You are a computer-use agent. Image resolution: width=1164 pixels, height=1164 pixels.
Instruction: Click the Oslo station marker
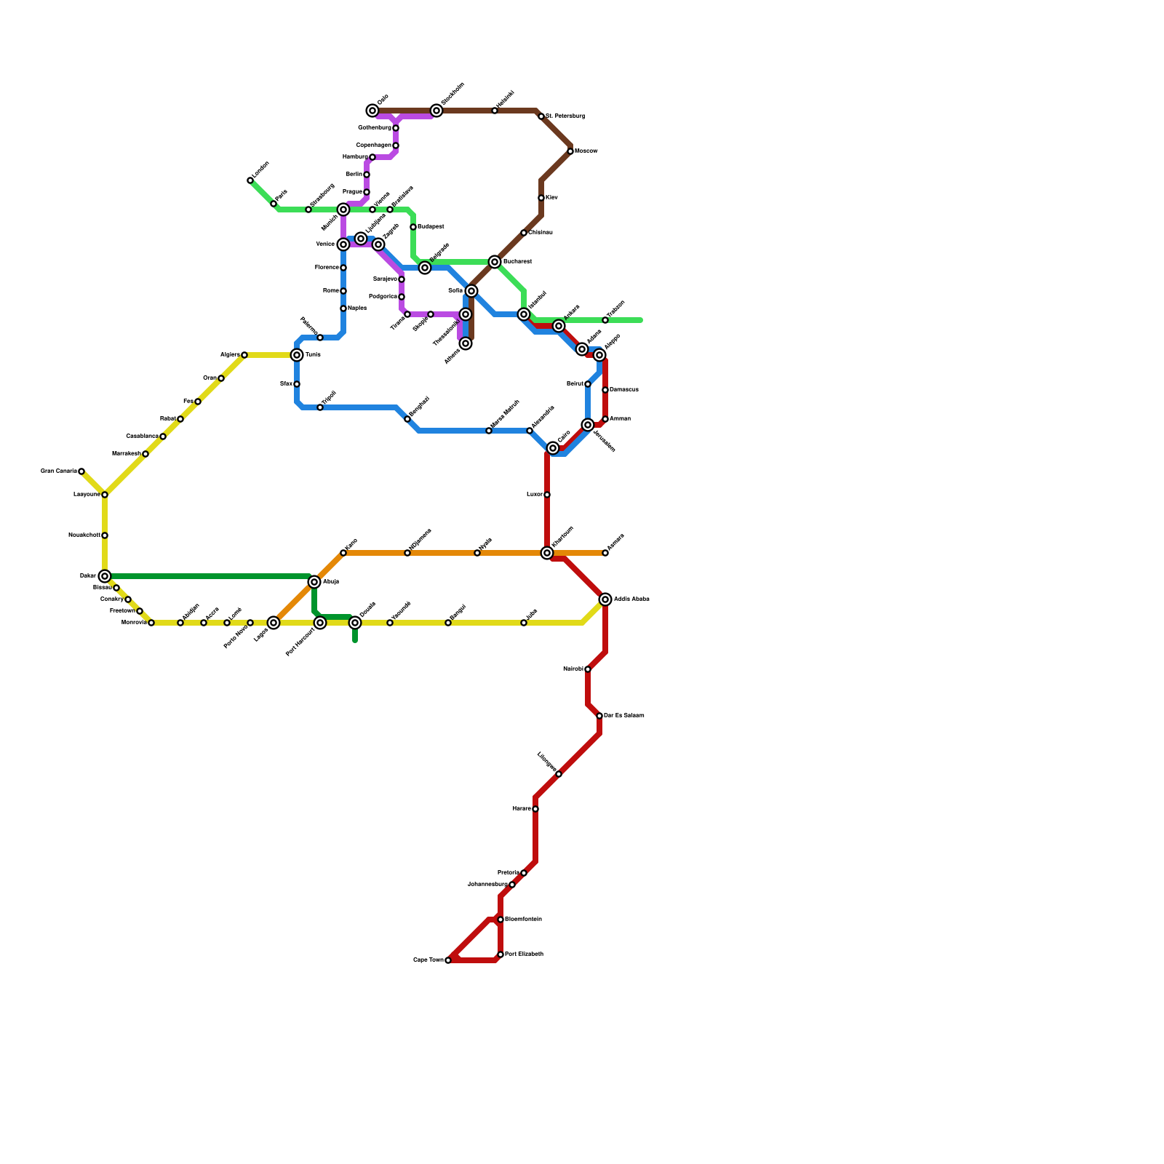372,111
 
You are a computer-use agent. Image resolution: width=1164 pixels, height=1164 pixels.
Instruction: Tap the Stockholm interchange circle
436,111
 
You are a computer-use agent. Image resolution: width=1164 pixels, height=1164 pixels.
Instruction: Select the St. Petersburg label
565,116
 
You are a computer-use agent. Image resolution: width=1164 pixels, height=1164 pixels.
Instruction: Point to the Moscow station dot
570,151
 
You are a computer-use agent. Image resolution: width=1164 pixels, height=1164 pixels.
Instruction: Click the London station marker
250,180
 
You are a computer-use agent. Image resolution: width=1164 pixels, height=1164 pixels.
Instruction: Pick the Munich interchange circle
343,210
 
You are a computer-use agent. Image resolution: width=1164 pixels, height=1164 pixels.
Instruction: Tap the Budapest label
431,227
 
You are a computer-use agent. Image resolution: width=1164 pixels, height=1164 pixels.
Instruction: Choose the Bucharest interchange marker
495,262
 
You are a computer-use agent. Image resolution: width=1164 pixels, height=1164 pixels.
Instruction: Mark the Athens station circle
466,343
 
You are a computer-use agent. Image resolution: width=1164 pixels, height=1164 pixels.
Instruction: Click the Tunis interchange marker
297,355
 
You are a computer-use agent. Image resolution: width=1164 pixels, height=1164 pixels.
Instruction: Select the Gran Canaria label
58,471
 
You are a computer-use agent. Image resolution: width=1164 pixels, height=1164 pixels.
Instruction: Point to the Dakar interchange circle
105,576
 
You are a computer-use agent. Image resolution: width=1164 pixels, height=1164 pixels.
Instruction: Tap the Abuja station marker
314,582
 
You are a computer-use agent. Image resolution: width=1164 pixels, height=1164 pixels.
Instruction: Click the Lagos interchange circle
274,623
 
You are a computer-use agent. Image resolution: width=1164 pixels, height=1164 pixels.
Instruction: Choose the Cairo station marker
553,448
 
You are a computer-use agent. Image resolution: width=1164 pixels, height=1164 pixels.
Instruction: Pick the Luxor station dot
547,495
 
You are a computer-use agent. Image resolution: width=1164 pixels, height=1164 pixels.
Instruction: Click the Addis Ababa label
631,599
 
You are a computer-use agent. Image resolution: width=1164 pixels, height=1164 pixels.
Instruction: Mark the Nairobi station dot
588,669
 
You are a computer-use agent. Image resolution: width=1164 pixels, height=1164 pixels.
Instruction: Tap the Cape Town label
428,960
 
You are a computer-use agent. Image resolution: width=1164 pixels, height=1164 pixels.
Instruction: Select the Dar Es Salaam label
624,716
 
